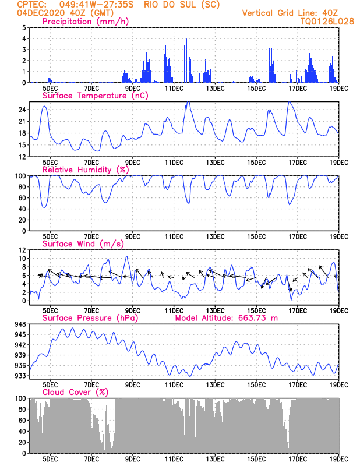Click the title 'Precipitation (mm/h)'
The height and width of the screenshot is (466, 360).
pyautogui.click(x=85, y=22)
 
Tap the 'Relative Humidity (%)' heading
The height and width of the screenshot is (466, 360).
pyautogui.click(x=86, y=170)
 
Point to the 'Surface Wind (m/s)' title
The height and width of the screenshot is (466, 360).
pyautogui.click(x=83, y=243)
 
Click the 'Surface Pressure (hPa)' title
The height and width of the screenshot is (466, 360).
pyautogui.click(x=90, y=318)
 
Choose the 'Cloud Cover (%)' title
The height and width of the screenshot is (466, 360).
pyautogui.click(x=76, y=392)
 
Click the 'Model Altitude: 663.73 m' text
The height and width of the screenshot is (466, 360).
pyautogui.click(x=227, y=318)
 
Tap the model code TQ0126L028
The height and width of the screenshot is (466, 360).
pyautogui.click(x=327, y=22)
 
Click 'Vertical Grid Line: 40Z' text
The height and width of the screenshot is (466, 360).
pyautogui.click(x=290, y=13)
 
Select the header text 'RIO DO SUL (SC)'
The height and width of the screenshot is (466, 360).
pyautogui.click(x=182, y=5)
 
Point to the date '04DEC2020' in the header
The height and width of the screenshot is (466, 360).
pyautogui.click(x=41, y=13)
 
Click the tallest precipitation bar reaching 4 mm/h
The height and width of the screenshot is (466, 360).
pyautogui.click(x=186, y=61)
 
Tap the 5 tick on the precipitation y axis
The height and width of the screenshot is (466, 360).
pyautogui.click(x=24, y=27)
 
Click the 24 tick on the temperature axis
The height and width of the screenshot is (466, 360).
pyautogui.click(x=22, y=110)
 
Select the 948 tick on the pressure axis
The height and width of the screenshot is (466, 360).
pyautogui.click(x=20, y=324)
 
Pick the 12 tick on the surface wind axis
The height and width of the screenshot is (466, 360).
pyautogui.click(x=22, y=250)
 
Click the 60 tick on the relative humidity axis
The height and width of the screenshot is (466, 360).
pyautogui.click(x=22, y=198)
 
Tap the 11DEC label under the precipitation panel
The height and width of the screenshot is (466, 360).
pyautogui.click(x=174, y=89)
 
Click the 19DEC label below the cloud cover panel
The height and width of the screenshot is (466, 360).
pyautogui.click(x=339, y=459)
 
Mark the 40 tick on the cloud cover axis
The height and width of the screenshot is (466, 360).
pyautogui.click(x=22, y=432)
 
